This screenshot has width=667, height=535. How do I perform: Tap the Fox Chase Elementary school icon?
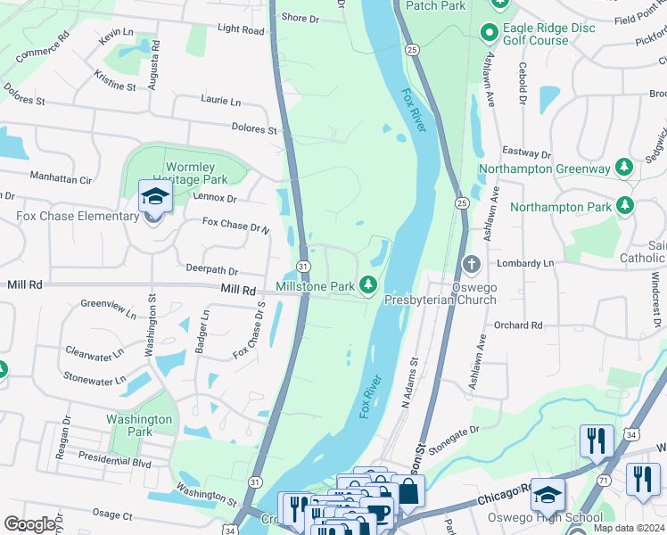155,197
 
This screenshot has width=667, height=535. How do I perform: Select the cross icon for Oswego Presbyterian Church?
472,264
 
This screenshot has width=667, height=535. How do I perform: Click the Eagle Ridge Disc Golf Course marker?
489,34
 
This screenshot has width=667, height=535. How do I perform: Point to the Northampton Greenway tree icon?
626,168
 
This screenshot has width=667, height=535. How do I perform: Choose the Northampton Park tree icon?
626,207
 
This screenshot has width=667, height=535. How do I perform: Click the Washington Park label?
138,425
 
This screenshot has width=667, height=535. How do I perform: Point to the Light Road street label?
241,29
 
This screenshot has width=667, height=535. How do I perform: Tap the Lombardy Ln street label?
527,264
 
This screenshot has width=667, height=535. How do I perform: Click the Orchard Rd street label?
518,325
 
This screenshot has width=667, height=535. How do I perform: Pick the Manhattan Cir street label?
61,179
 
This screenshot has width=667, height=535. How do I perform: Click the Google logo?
29,524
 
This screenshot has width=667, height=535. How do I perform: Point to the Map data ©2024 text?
629,528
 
